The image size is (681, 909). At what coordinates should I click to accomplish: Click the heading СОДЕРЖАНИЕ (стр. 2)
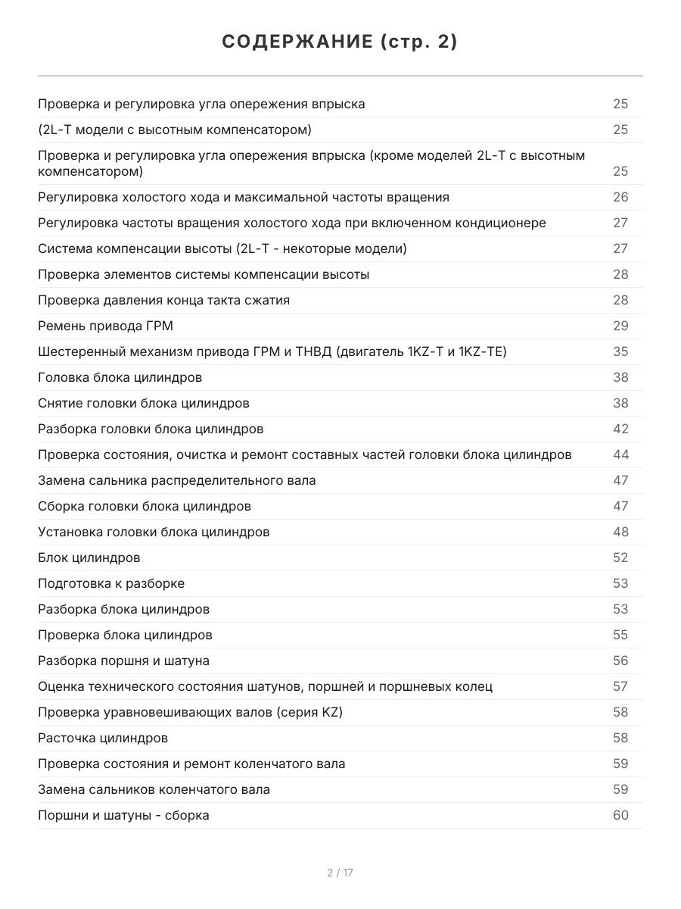pyautogui.click(x=340, y=42)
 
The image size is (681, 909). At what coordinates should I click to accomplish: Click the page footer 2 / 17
pyautogui.click(x=340, y=873)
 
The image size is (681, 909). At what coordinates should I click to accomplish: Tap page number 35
pyautogui.click(x=620, y=351)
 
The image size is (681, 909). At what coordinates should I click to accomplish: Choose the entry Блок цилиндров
pyautogui.click(x=89, y=558)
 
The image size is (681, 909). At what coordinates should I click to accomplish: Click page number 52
pyautogui.click(x=620, y=558)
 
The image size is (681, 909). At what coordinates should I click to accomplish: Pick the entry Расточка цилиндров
pyautogui.click(x=103, y=738)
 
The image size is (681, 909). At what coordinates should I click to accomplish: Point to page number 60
pyautogui.click(x=620, y=815)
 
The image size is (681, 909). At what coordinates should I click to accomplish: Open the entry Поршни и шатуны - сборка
pyautogui.click(x=123, y=815)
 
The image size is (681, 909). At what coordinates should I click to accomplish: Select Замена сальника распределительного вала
pyautogui.click(x=177, y=480)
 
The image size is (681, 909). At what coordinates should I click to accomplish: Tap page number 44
pyautogui.click(x=620, y=454)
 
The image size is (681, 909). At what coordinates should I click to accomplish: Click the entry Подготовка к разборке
pyautogui.click(x=111, y=583)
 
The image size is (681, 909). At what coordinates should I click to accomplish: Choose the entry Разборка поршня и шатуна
pyautogui.click(x=123, y=661)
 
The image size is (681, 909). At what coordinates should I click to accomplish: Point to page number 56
pyautogui.click(x=620, y=661)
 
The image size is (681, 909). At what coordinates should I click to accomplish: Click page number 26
pyautogui.click(x=620, y=197)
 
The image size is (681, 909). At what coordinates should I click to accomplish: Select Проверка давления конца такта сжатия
pyautogui.click(x=163, y=300)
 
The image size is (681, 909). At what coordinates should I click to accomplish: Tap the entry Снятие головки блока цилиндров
pyautogui.click(x=144, y=403)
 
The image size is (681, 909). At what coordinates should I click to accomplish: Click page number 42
pyautogui.click(x=620, y=429)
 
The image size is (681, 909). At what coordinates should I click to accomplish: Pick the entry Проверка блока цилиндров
pyautogui.click(x=125, y=635)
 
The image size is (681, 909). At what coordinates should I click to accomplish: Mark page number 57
pyautogui.click(x=620, y=686)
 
